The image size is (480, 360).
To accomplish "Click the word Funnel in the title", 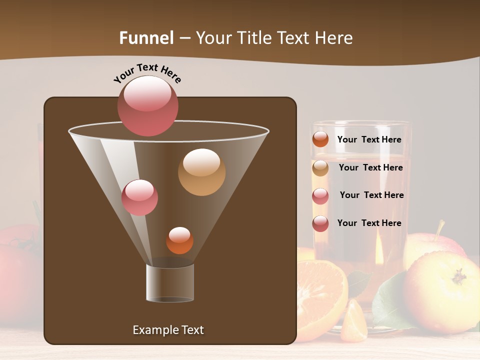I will [146, 38].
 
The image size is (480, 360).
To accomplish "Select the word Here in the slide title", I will [334, 38].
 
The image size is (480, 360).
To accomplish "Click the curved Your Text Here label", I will [147, 72].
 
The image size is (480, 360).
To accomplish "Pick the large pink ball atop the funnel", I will [148, 105].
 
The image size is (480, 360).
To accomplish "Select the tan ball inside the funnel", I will [201, 172].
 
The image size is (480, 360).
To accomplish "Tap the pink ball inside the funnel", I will [139, 197].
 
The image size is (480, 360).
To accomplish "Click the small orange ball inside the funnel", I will [179, 240].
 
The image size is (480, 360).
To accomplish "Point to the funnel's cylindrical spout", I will [170, 283].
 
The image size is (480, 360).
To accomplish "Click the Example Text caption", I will [168, 330].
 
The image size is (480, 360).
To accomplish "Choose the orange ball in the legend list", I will [320, 139].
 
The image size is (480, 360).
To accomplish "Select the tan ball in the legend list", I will [320, 168].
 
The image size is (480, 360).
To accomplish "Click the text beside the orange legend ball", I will [369, 140].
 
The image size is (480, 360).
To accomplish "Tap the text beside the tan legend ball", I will [370, 168].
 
